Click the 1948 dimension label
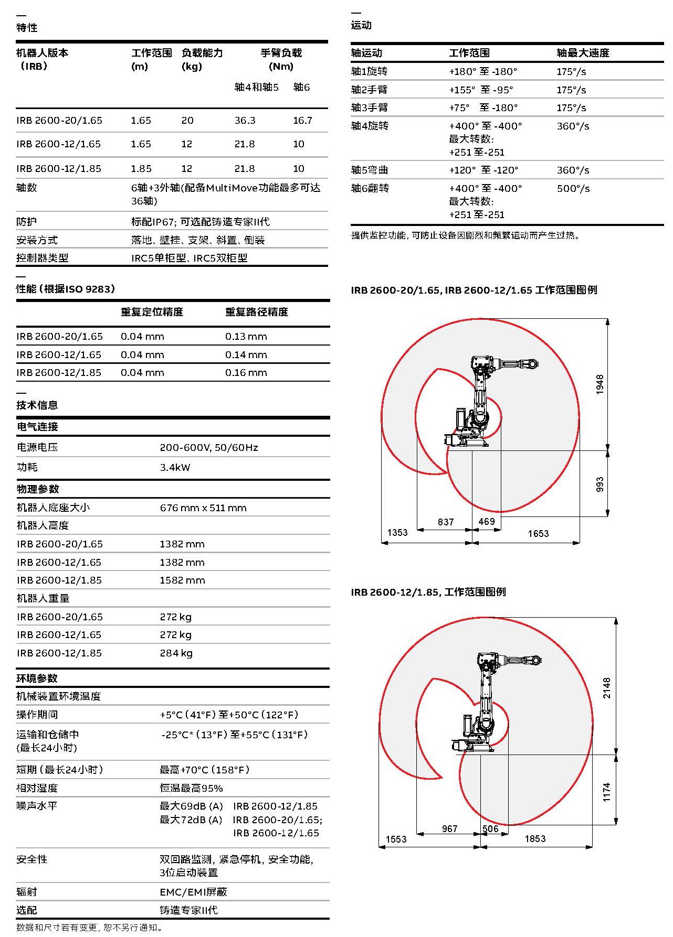point(600,384)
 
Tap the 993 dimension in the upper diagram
point(600,484)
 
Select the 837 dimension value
point(445,522)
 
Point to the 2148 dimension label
point(606,687)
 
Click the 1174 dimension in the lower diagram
point(606,792)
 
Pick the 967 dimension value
point(449,828)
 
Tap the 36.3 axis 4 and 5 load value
point(245,121)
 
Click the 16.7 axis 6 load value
point(302,121)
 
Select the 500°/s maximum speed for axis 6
point(573,188)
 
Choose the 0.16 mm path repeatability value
point(246,373)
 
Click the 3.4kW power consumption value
point(175,467)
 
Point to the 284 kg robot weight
point(176,653)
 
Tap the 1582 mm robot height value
point(182,580)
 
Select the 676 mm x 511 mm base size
point(203,508)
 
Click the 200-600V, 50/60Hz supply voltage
point(208,447)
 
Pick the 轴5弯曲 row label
point(370,170)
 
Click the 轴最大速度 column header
point(583,53)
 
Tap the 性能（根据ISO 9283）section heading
point(66,289)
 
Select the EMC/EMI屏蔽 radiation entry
point(193,892)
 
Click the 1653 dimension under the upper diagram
point(538,533)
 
